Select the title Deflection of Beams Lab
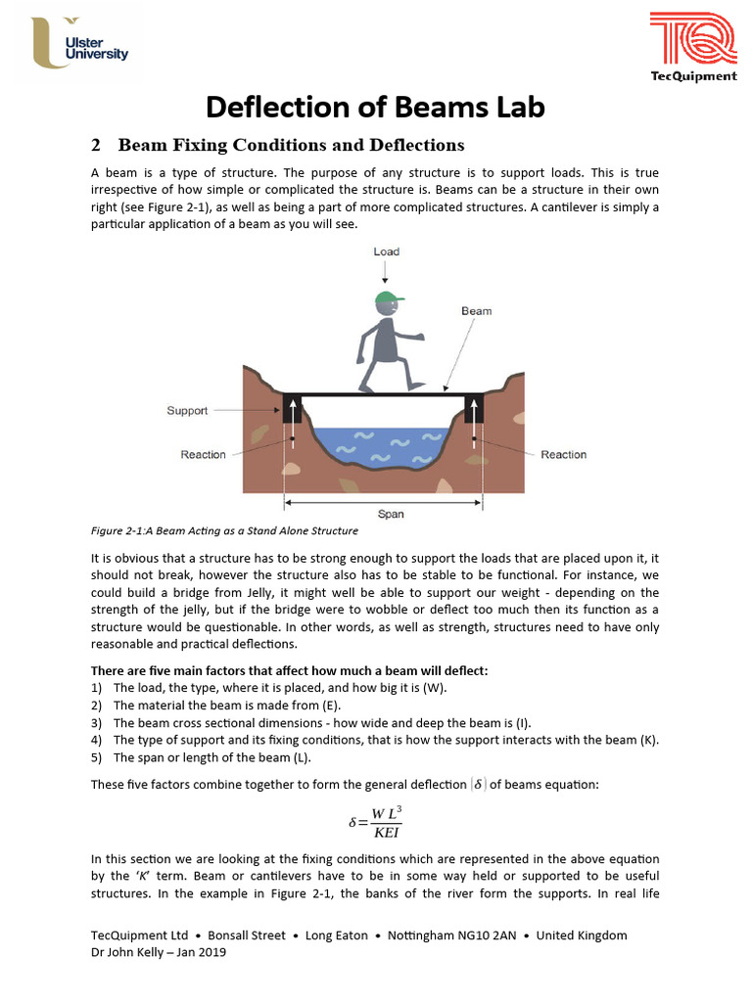375,106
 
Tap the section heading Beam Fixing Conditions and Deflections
291,145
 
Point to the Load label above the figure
386,251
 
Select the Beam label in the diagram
476,311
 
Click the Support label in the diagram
186,411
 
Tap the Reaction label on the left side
203,454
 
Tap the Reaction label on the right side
563,454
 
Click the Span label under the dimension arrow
390,514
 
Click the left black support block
291,409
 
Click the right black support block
474,409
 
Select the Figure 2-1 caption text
224,531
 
